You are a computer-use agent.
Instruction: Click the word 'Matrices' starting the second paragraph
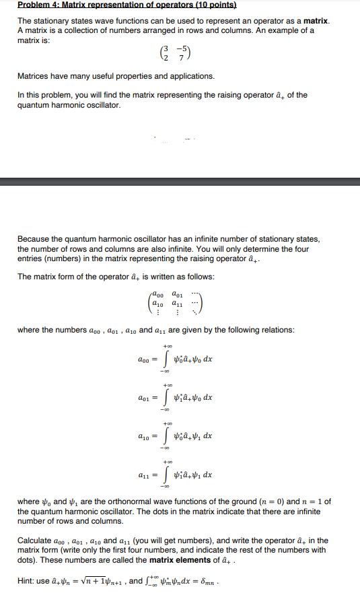pyautogui.click(x=35, y=76)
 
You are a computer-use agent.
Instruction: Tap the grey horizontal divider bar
pyautogui.click(x=180, y=181)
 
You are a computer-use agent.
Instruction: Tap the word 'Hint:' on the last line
pyautogui.click(x=27, y=581)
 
